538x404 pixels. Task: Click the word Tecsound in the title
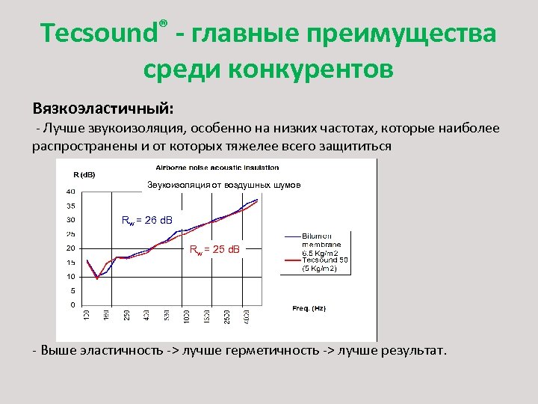[x=99, y=34]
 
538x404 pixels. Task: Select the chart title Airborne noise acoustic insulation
[x=217, y=167]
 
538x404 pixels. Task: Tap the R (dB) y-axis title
[x=84, y=174]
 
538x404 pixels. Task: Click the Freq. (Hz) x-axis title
[x=309, y=308]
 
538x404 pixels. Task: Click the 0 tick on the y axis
[x=72, y=304]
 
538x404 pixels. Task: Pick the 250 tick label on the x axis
[x=126, y=317]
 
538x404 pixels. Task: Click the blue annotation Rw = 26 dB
[x=146, y=220]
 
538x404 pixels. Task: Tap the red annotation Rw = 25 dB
[x=214, y=248]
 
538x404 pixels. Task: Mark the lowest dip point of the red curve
[x=97, y=278]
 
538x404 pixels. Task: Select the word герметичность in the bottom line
[x=276, y=350]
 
